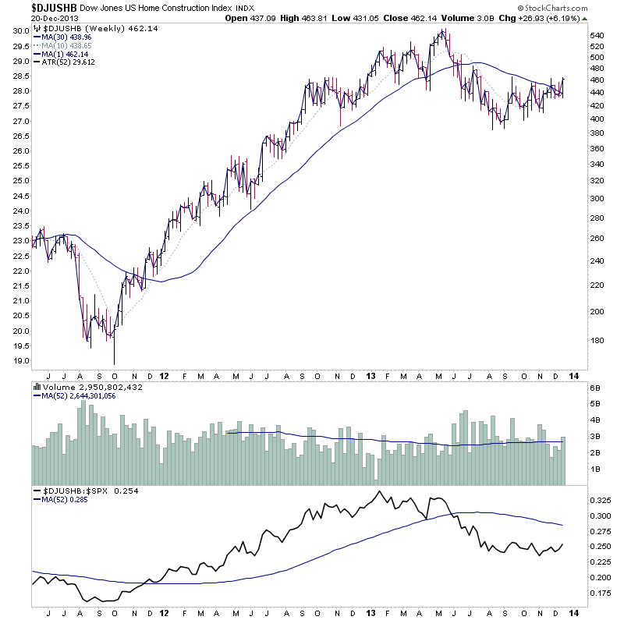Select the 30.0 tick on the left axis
(21, 31)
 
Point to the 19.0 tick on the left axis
(21, 361)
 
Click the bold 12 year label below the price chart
(165, 375)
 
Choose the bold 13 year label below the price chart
(370, 375)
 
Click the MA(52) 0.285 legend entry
(61, 500)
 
